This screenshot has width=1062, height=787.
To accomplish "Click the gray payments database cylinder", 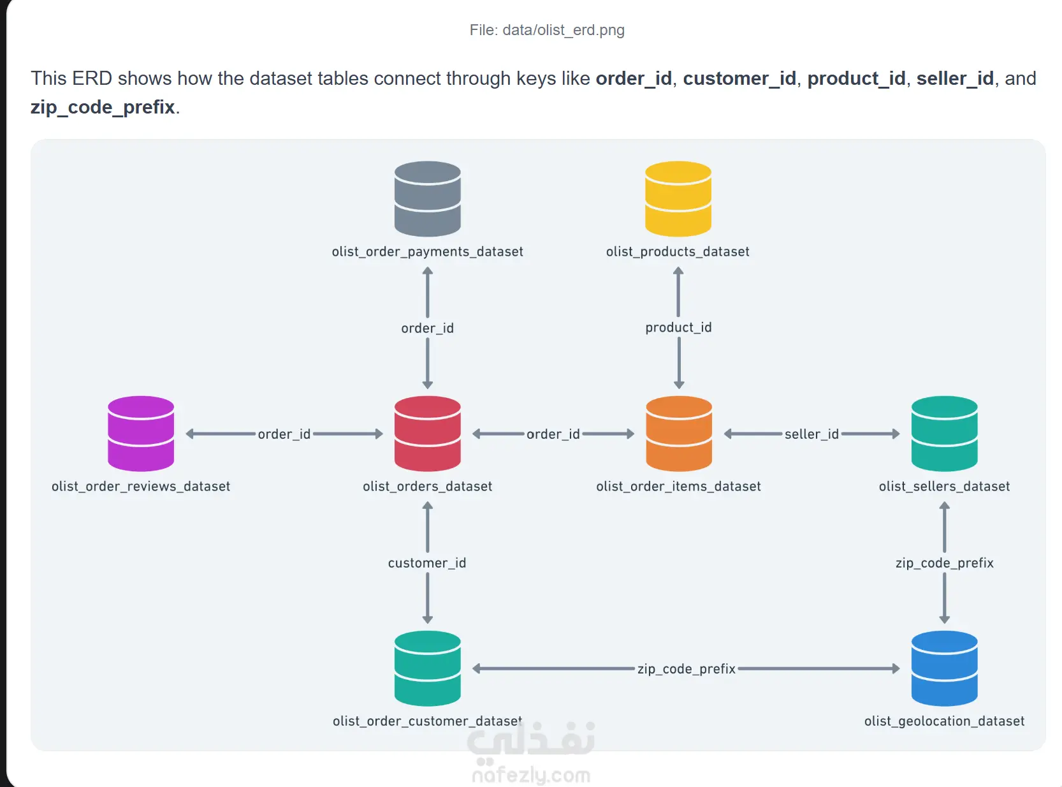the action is pyautogui.click(x=427, y=198).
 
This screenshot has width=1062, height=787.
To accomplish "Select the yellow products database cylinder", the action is pyautogui.click(x=678, y=198).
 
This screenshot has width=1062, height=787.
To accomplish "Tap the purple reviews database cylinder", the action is pyautogui.click(x=141, y=433).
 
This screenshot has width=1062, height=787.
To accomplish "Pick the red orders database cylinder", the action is pyautogui.click(x=427, y=433).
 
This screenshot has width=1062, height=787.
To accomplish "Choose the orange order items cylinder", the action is pyautogui.click(x=678, y=433).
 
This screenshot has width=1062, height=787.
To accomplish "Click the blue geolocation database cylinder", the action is pyautogui.click(x=943, y=668).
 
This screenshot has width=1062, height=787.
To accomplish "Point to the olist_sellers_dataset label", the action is pyautogui.click(x=943, y=486).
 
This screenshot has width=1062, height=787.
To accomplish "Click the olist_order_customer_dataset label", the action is pyautogui.click(x=427, y=721).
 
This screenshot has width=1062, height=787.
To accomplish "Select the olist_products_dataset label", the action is pyautogui.click(x=678, y=251).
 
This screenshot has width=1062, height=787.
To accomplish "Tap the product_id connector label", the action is pyautogui.click(x=678, y=328).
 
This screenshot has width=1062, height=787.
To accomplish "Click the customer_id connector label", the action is pyautogui.click(x=426, y=563).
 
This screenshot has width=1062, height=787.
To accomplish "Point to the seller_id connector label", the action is pyautogui.click(x=811, y=434).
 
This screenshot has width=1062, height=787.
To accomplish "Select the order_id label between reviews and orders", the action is pyautogui.click(x=284, y=434).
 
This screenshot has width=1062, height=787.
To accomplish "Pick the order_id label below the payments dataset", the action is pyautogui.click(x=427, y=328).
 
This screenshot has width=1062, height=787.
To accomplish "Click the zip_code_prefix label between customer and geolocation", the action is pyautogui.click(x=686, y=668).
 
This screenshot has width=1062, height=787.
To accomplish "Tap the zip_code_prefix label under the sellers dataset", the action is pyautogui.click(x=943, y=563).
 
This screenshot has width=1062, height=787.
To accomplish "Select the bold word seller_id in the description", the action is pyautogui.click(x=955, y=78).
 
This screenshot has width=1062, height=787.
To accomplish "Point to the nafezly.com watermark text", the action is pyautogui.click(x=530, y=774).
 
